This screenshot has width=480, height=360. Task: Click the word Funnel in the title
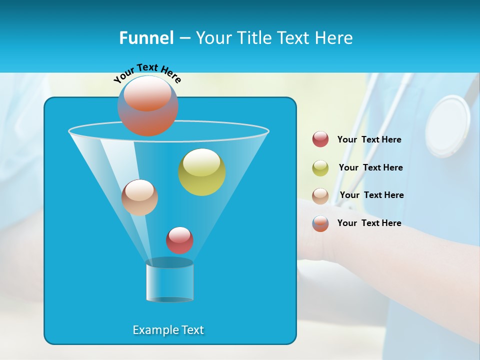click(x=146, y=38)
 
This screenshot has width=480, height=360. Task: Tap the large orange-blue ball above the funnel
click(x=148, y=105)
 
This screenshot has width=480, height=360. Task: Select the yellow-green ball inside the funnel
click(x=202, y=172)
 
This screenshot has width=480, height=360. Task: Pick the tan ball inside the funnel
click(x=139, y=197)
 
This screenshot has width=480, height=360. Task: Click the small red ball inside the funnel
click(x=179, y=240)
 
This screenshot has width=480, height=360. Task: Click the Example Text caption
click(x=168, y=330)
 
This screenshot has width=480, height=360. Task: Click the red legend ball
click(x=320, y=139)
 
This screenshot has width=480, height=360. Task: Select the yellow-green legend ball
click(x=320, y=168)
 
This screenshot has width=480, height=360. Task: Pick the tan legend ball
click(x=320, y=195)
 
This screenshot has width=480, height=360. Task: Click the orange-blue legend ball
click(x=320, y=223)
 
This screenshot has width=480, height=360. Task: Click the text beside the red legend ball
click(x=369, y=139)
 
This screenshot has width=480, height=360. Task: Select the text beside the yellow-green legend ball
click(x=370, y=167)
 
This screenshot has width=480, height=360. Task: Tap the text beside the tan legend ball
click(x=371, y=195)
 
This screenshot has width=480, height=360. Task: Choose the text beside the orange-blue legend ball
click(x=369, y=223)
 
